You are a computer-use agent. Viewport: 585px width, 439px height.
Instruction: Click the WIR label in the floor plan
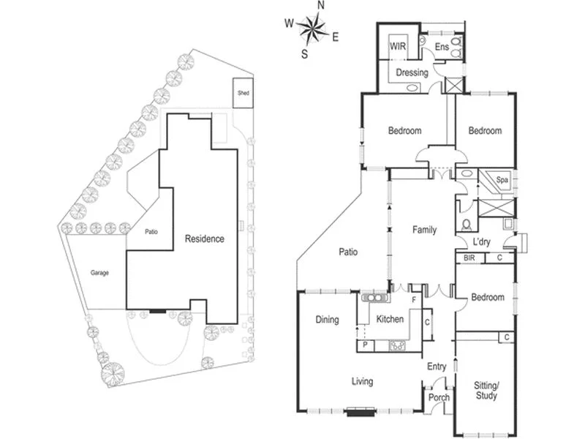(x=398, y=46)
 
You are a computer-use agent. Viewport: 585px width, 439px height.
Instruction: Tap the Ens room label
(x=441, y=48)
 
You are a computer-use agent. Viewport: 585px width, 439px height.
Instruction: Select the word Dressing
(x=412, y=72)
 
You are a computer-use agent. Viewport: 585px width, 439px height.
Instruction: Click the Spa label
(x=502, y=179)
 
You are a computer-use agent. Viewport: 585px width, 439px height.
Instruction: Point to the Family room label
(x=424, y=230)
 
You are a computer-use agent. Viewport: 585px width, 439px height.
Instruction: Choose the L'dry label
(x=481, y=241)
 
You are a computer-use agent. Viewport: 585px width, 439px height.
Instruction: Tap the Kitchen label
(x=390, y=320)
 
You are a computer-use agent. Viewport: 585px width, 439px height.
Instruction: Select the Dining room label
(x=327, y=320)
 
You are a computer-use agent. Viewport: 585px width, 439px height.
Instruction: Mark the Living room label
(x=362, y=381)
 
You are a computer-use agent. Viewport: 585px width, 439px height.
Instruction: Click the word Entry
(x=437, y=367)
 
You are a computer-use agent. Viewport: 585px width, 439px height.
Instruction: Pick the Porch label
(x=439, y=398)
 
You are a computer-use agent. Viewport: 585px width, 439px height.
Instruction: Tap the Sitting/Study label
(x=486, y=391)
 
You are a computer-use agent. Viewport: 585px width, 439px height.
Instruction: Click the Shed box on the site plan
(x=243, y=93)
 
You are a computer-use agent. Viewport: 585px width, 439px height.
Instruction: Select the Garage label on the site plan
(x=100, y=273)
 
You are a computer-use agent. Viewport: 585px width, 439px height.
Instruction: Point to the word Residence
(x=204, y=239)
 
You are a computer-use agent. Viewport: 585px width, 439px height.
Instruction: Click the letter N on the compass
(x=320, y=6)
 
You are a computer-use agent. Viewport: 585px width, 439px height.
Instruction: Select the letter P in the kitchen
(x=364, y=345)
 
